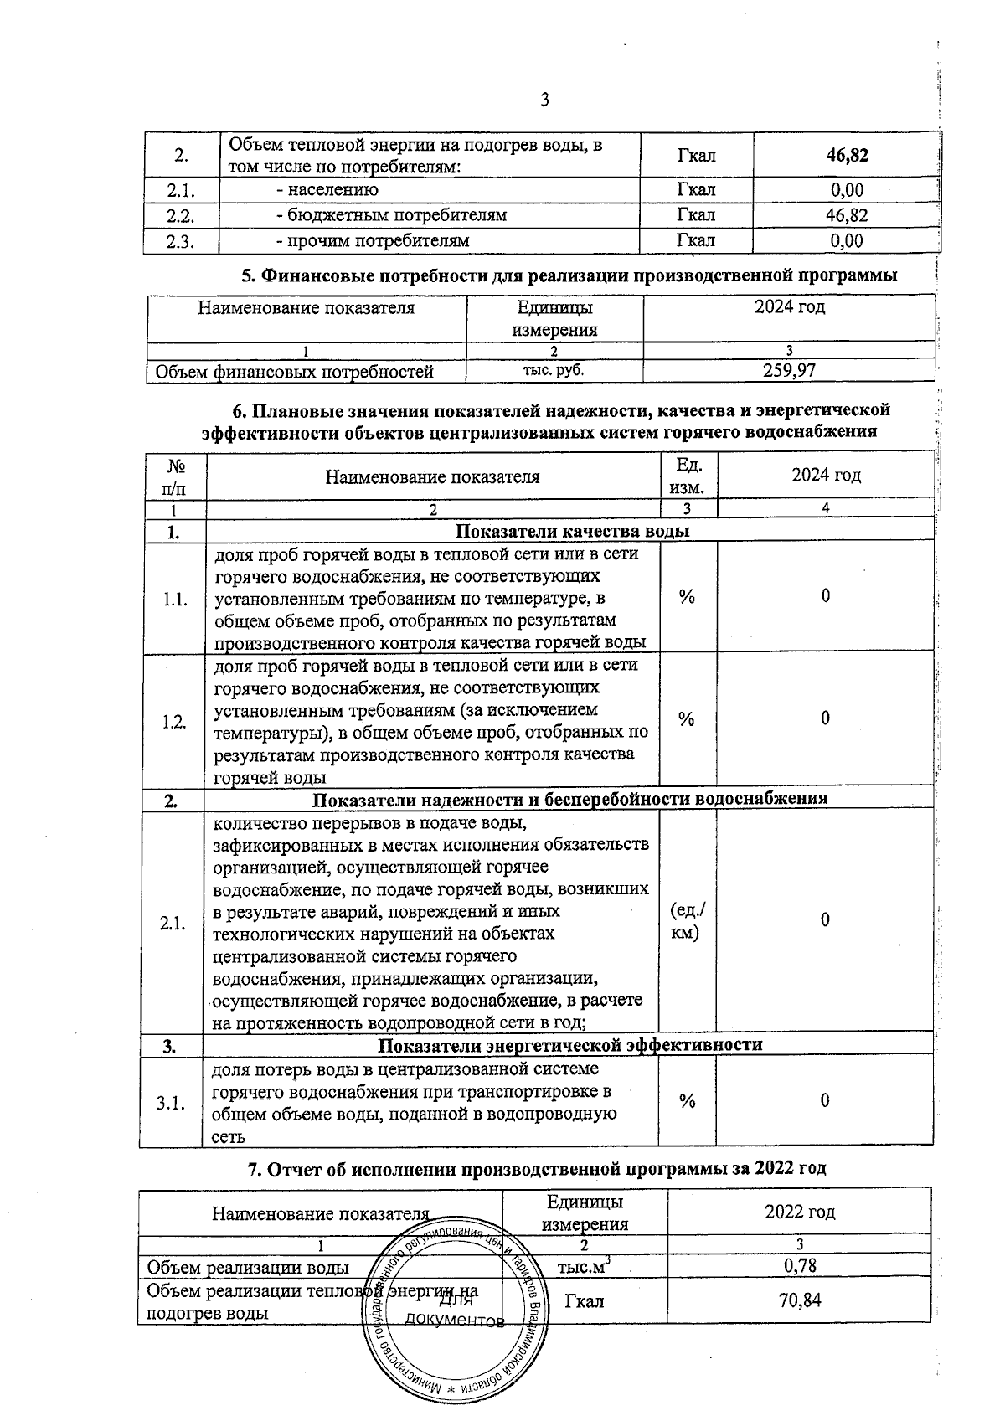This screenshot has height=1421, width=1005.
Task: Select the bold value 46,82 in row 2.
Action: click(846, 155)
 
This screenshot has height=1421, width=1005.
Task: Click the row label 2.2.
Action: click(180, 216)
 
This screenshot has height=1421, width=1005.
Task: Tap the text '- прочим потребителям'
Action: click(373, 241)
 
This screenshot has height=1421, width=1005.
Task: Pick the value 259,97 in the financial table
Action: click(789, 370)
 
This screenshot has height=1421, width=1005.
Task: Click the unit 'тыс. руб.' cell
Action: click(554, 369)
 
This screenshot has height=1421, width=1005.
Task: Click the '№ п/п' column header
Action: click(174, 476)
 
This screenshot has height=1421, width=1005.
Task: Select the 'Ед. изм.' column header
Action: click(688, 476)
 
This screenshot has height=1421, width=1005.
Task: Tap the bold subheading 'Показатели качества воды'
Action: click(572, 532)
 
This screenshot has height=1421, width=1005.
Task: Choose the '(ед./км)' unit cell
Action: click(688, 921)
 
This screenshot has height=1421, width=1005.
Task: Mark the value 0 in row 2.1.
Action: click(825, 920)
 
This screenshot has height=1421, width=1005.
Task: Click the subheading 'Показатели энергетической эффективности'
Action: click(569, 1045)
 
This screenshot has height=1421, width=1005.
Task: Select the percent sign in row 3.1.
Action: click(687, 1102)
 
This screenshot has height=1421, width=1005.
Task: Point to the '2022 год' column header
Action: click(799, 1212)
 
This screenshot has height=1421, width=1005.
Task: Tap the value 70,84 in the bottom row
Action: click(799, 1300)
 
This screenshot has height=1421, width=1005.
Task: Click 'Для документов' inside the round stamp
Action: click(455, 1311)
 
